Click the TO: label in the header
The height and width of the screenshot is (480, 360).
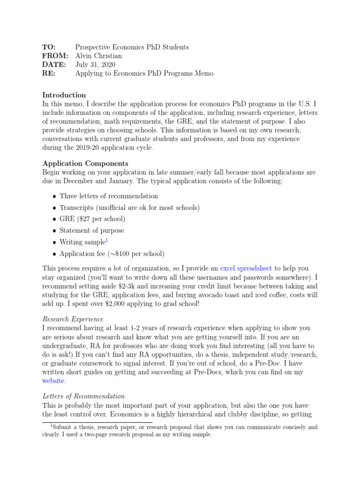tap(49, 47)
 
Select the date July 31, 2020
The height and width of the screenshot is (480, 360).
tap(96, 65)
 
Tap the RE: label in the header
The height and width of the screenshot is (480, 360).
tap(49, 74)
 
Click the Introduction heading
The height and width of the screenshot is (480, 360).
tap(64, 95)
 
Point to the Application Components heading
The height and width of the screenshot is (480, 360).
tap(85, 164)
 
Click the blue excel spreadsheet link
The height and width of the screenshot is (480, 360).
tap(246, 269)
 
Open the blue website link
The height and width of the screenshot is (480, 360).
tap(53, 381)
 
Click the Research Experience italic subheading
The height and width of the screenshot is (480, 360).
tap(73, 319)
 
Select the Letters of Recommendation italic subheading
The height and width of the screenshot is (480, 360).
tap(83, 396)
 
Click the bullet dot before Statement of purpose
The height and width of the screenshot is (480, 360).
tap(54, 231)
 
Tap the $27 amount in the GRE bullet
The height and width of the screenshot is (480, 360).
tap(82, 219)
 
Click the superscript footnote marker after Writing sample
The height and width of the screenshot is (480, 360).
tap(106, 240)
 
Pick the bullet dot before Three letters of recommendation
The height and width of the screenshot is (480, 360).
tap(54, 197)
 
